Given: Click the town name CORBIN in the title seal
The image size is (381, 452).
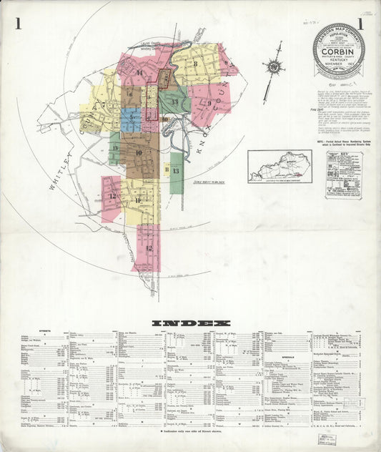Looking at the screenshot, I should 338,51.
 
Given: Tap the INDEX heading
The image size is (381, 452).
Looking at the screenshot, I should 190,323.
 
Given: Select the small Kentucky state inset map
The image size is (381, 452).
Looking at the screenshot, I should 279,167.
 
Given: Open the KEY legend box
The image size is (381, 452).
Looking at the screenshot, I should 343,174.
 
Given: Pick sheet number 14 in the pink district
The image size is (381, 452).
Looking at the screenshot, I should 139,74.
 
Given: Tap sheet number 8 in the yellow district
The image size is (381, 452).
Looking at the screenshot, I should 194,64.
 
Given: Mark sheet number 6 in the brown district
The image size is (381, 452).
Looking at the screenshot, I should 131,93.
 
